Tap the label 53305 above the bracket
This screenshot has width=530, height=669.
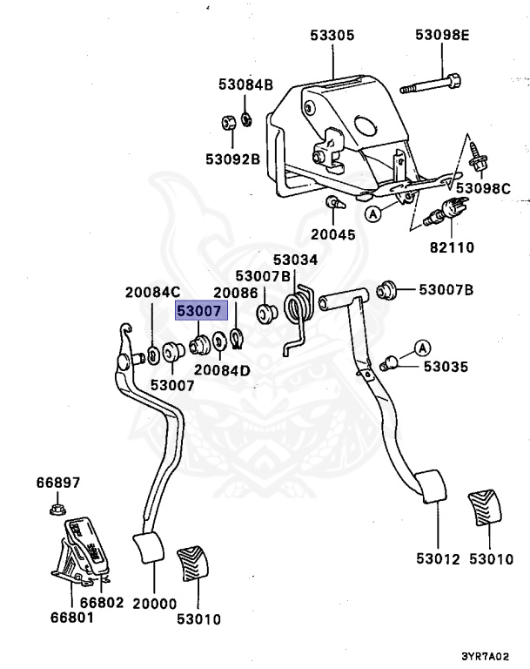(x=332, y=35)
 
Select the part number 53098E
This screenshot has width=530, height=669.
(x=442, y=35)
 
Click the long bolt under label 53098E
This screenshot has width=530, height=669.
(x=430, y=84)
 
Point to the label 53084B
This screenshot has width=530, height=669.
(x=245, y=84)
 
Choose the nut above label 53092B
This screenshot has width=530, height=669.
(x=228, y=123)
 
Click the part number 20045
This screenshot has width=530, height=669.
(x=332, y=234)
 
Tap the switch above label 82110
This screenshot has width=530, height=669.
(x=446, y=211)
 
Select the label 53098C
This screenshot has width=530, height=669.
(x=483, y=188)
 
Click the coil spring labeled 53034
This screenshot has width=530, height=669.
(x=299, y=314)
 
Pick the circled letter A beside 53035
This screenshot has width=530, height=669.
(x=422, y=348)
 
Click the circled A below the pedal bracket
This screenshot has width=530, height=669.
(x=373, y=213)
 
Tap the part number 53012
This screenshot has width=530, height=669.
(x=439, y=559)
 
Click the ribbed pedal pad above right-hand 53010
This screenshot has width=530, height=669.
(x=485, y=510)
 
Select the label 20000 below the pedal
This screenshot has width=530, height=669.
(x=154, y=604)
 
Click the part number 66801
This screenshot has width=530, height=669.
(x=72, y=617)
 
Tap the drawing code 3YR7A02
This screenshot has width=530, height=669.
(x=486, y=657)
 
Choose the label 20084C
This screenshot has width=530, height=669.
(x=152, y=293)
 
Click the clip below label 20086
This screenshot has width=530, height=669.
(x=236, y=338)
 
